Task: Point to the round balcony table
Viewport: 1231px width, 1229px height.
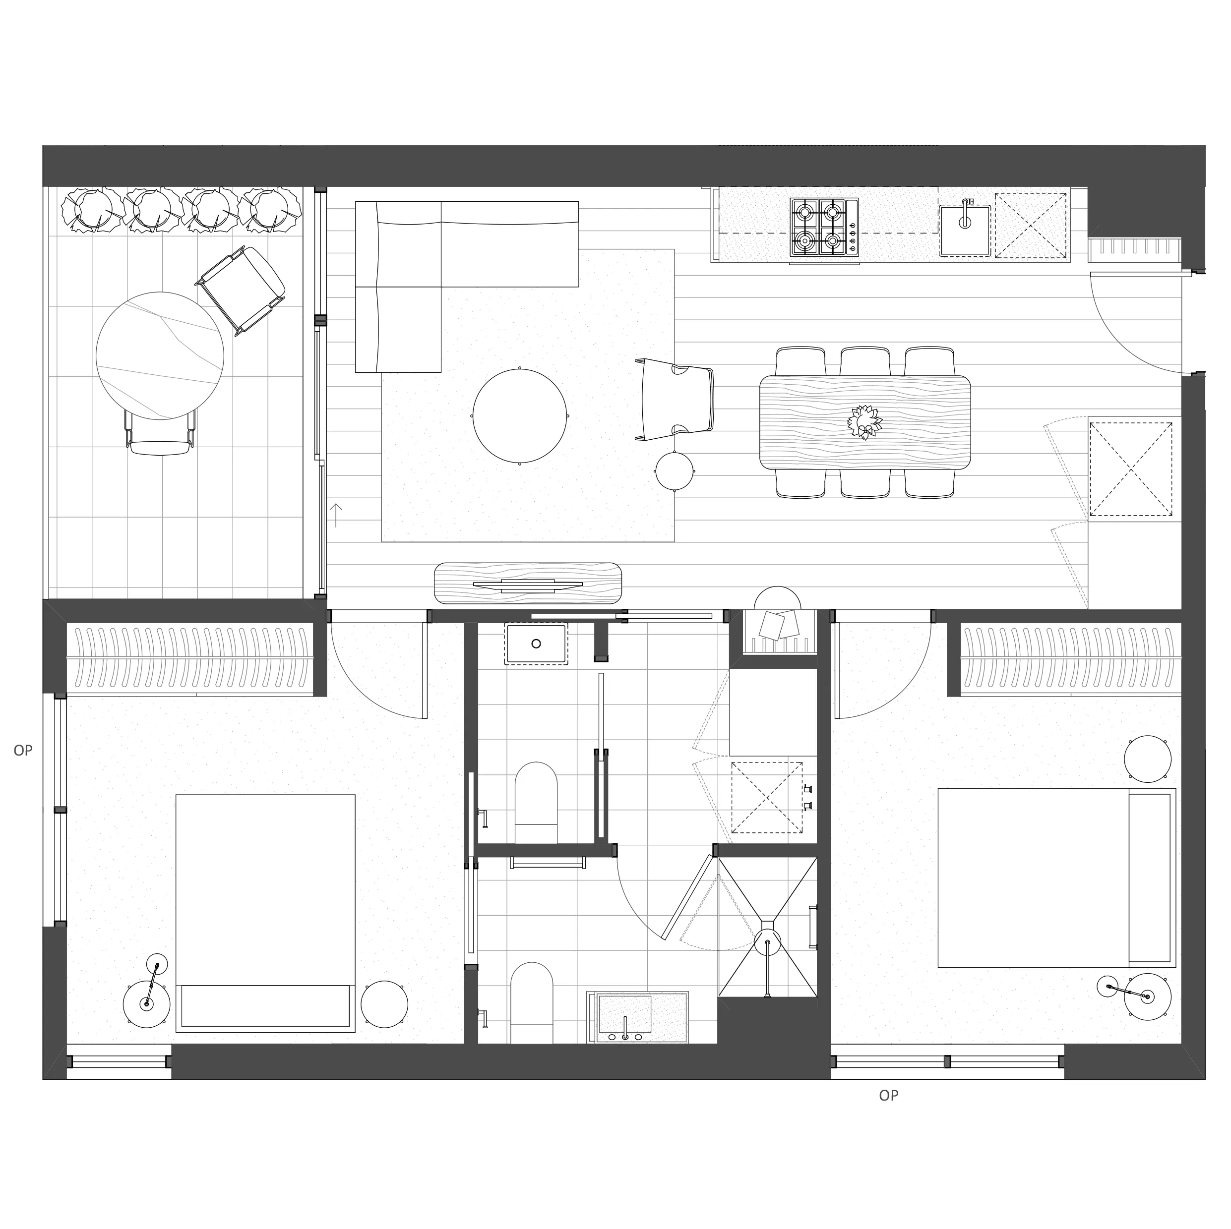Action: click(x=160, y=355)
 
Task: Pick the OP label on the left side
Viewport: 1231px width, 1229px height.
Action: click(x=23, y=751)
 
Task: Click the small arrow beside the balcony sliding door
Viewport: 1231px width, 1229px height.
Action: click(x=336, y=515)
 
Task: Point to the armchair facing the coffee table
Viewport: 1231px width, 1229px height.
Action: click(x=677, y=399)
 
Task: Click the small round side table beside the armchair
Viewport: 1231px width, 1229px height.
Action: click(x=675, y=470)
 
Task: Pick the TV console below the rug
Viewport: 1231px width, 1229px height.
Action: click(x=528, y=583)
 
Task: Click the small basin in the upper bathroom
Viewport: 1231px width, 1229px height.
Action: click(x=536, y=644)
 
